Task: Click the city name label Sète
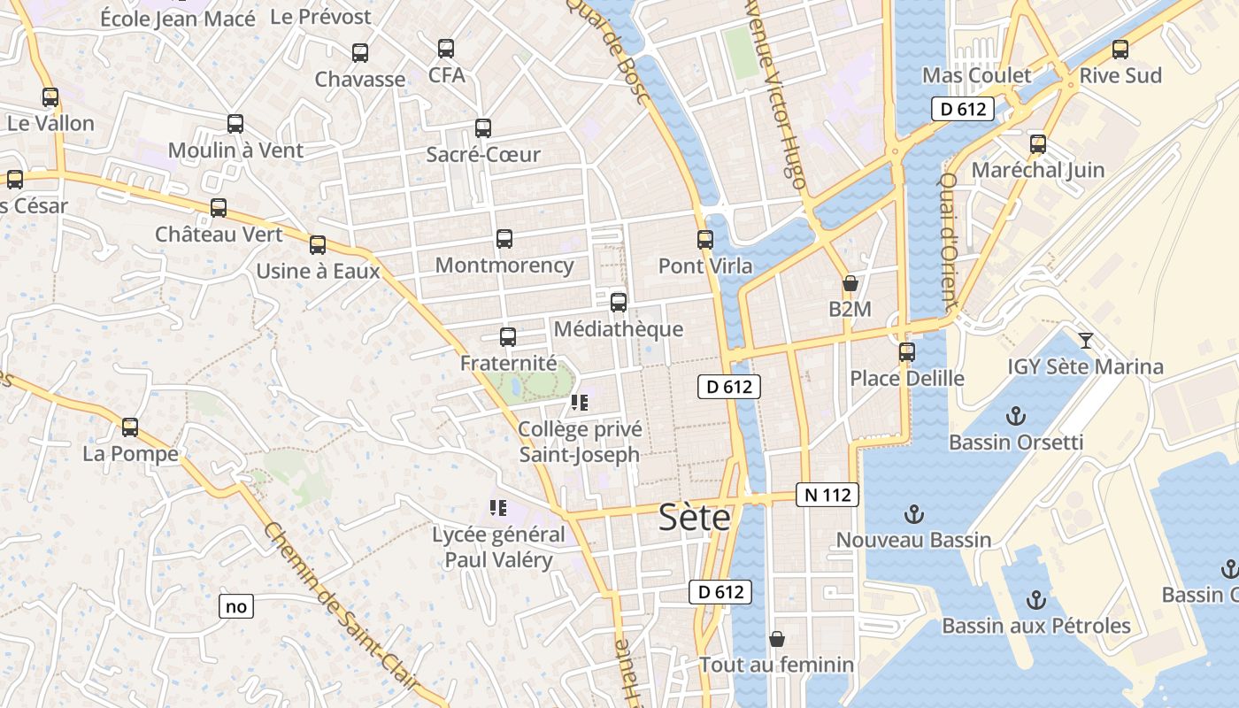(x=695, y=518)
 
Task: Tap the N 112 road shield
(x=827, y=495)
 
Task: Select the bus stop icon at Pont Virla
(x=705, y=239)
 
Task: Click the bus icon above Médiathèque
(x=619, y=302)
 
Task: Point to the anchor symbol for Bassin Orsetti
(x=1016, y=415)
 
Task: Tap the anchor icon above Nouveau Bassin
(x=913, y=513)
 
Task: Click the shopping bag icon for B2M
(x=850, y=283)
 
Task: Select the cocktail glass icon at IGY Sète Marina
(x=1086, y=340)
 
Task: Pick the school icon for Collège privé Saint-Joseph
(x=580, y=404)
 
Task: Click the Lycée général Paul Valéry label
(x=498, y=547)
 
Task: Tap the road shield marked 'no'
(x=235, y=606)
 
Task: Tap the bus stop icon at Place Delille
(x=906, y=351)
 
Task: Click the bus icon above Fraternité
(x=508, y=336)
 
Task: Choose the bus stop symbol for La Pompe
(x=130, y=427)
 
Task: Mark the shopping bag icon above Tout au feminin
(x=777, y=638)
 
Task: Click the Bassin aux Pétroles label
(x=1035, y=626)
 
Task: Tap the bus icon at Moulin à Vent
(x=235, y=124)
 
